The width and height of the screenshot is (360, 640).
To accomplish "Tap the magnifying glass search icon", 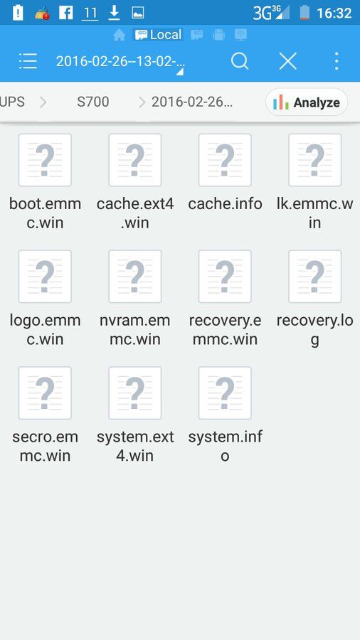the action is coord(240,62).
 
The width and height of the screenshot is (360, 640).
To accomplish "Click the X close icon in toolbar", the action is coord(287,61).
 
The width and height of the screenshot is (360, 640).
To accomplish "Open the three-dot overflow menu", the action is coord(337,61).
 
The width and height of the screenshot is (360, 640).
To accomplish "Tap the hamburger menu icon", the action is coord(28,61).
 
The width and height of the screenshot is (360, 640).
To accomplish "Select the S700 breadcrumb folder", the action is coord(93,102).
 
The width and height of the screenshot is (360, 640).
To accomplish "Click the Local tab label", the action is coord(166,35).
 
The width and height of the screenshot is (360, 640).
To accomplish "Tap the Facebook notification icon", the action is coord(65,13).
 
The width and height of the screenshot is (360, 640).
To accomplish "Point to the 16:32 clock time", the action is coord(334,13).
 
